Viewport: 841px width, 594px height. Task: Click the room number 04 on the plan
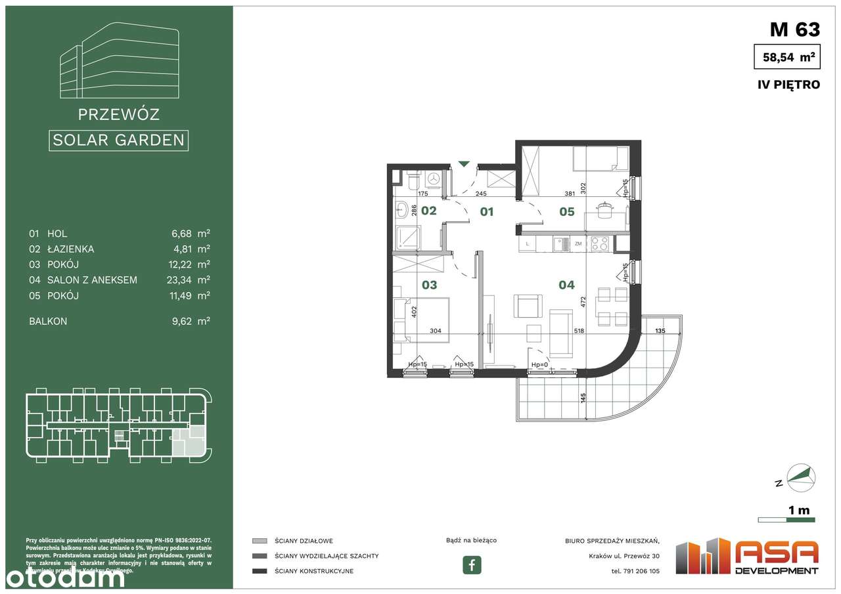click(x=566, y=285)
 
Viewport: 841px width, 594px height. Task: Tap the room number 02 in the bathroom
click(x=428, y=211)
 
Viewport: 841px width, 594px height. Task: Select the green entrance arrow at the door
click(x=464, y=164)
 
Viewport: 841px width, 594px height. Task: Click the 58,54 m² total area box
click(x=788, y=57)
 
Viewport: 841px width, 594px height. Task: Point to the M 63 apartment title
click(x=794, y=30)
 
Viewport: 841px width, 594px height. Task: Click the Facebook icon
click(x=472, y=564)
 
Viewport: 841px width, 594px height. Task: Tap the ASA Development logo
click(x=748, y=557)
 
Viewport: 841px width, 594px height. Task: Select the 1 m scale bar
click(x=786, y=520)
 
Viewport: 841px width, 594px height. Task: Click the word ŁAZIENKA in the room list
click(x=70, y=249)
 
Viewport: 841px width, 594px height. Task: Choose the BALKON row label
click(x=48, y=322)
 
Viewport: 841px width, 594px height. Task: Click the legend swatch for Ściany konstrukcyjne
click(x=260, y=571)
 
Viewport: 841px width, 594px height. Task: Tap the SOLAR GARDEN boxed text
click(x=118, y=140)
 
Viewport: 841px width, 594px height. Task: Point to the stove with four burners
click(x=599, y=244)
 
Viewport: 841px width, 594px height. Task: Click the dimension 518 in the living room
click(x=579, y=331)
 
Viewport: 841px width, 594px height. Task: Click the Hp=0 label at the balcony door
click(x=539, y=365)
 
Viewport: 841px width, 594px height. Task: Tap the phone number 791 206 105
click(x=635, y=571)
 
